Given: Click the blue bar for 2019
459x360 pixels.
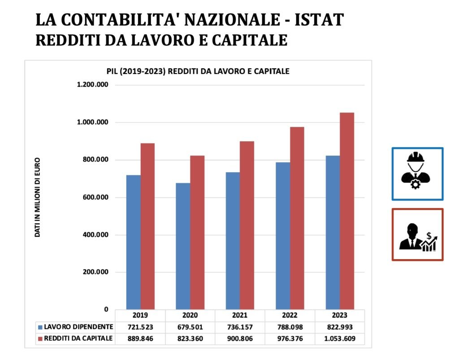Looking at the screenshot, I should tap(133, 242).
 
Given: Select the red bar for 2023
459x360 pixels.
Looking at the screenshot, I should tap(347, 211).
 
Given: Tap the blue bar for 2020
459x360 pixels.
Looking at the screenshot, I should tap(183, 246).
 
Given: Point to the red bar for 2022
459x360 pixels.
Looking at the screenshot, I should tap(297, 218).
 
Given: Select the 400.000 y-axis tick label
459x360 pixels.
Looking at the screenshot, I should tap(95, 235).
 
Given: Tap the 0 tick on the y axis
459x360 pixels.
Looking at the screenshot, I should tap(106, 309).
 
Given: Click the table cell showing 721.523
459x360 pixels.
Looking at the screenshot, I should tap(140, 327).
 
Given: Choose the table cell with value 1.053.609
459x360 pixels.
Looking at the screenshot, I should tap(340, 338).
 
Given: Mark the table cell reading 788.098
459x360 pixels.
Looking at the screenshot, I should tap(290, 327).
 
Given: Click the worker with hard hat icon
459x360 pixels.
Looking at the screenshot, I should tap(417, 173).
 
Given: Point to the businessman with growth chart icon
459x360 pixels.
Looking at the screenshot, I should tap(417, 234).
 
